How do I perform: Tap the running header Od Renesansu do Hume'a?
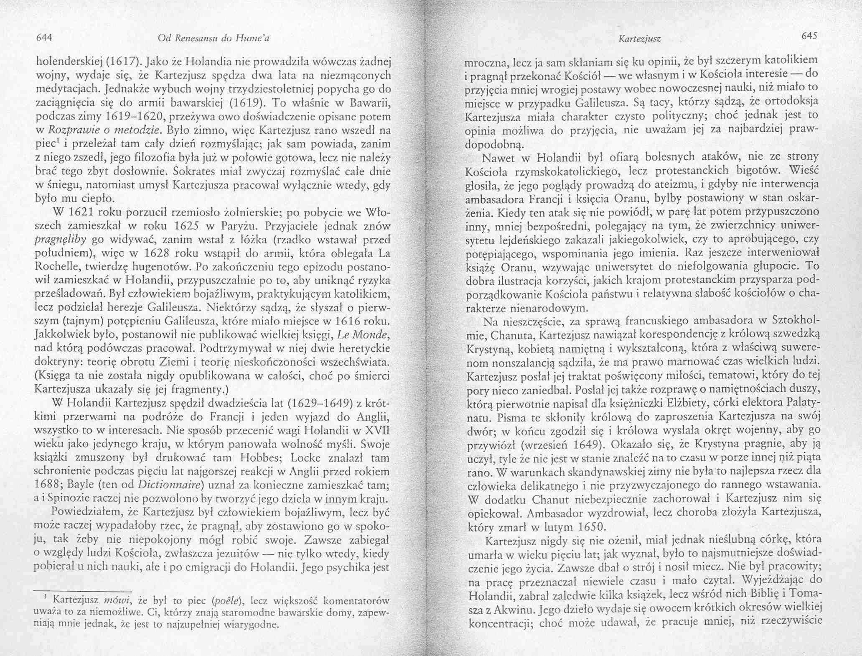click(214, 38)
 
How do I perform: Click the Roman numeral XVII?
click(377, 430)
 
